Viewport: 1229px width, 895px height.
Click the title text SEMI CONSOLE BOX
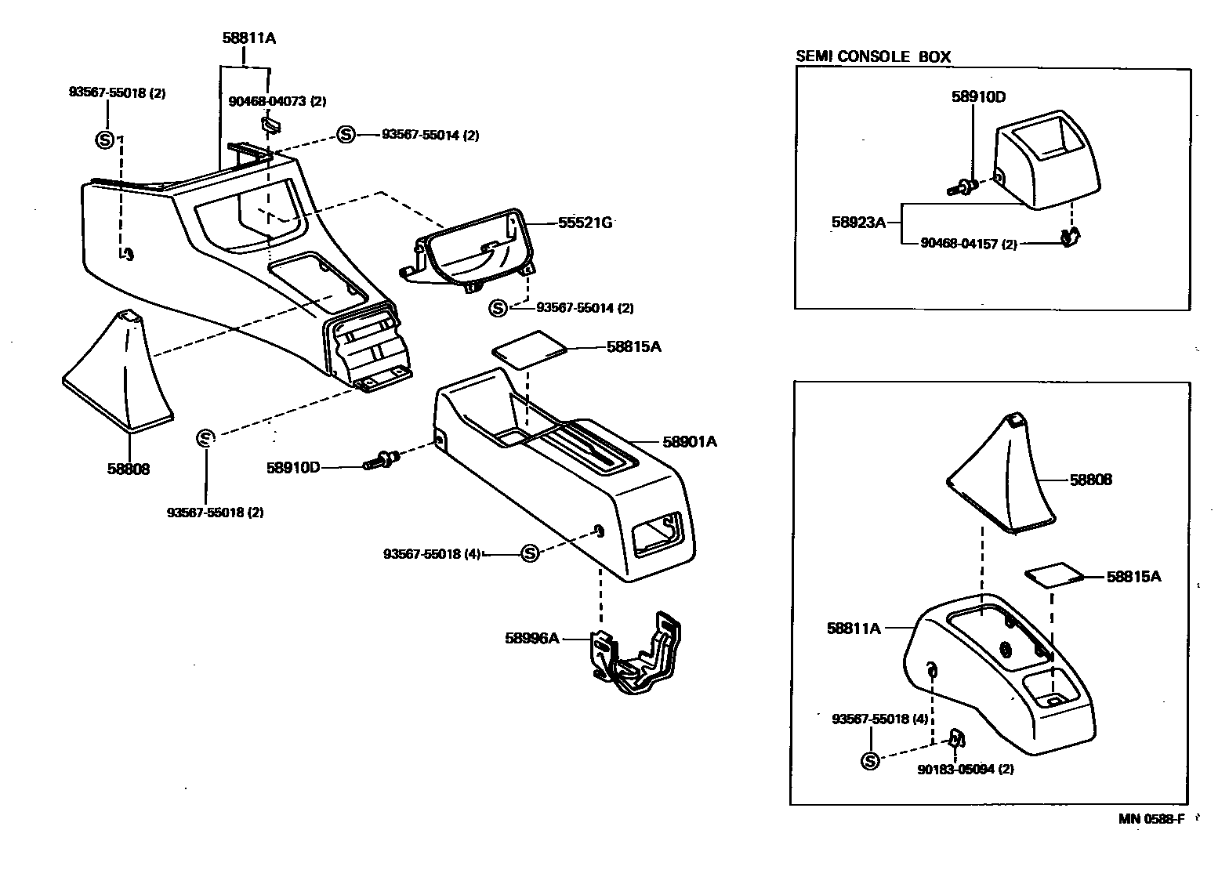pos(872,56)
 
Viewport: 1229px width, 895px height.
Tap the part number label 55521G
pos(585,223)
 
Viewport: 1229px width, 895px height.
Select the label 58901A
pos(690,442)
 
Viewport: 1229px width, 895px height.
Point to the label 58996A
pos(531,638)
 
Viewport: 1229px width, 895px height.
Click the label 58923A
pos(858,223)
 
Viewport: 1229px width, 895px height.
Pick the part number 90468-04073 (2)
pos(277,101)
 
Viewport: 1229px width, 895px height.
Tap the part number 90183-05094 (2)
pos(965,769)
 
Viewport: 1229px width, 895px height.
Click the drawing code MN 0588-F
pos(1151,819)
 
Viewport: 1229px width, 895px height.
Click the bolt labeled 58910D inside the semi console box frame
pos(963,187)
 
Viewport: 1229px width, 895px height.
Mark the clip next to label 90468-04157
pos(1068,236)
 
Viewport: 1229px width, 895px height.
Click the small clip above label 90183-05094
pos(956,738)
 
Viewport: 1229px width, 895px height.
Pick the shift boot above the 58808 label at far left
pos(119,372)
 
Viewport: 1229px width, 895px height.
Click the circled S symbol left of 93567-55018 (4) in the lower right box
pos(870,760)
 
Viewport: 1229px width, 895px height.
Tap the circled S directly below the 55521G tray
pos(498,308)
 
